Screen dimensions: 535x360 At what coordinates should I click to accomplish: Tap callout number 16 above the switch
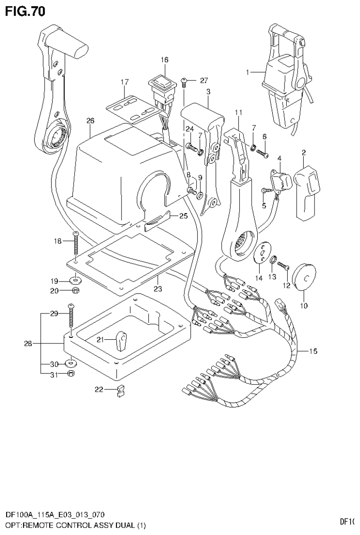click(164, 60)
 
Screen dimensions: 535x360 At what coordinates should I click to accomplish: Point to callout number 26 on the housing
click(90, 121)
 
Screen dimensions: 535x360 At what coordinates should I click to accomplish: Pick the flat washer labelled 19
click(75, 281)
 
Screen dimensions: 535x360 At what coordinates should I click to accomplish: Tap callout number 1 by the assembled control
click(248, 72)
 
